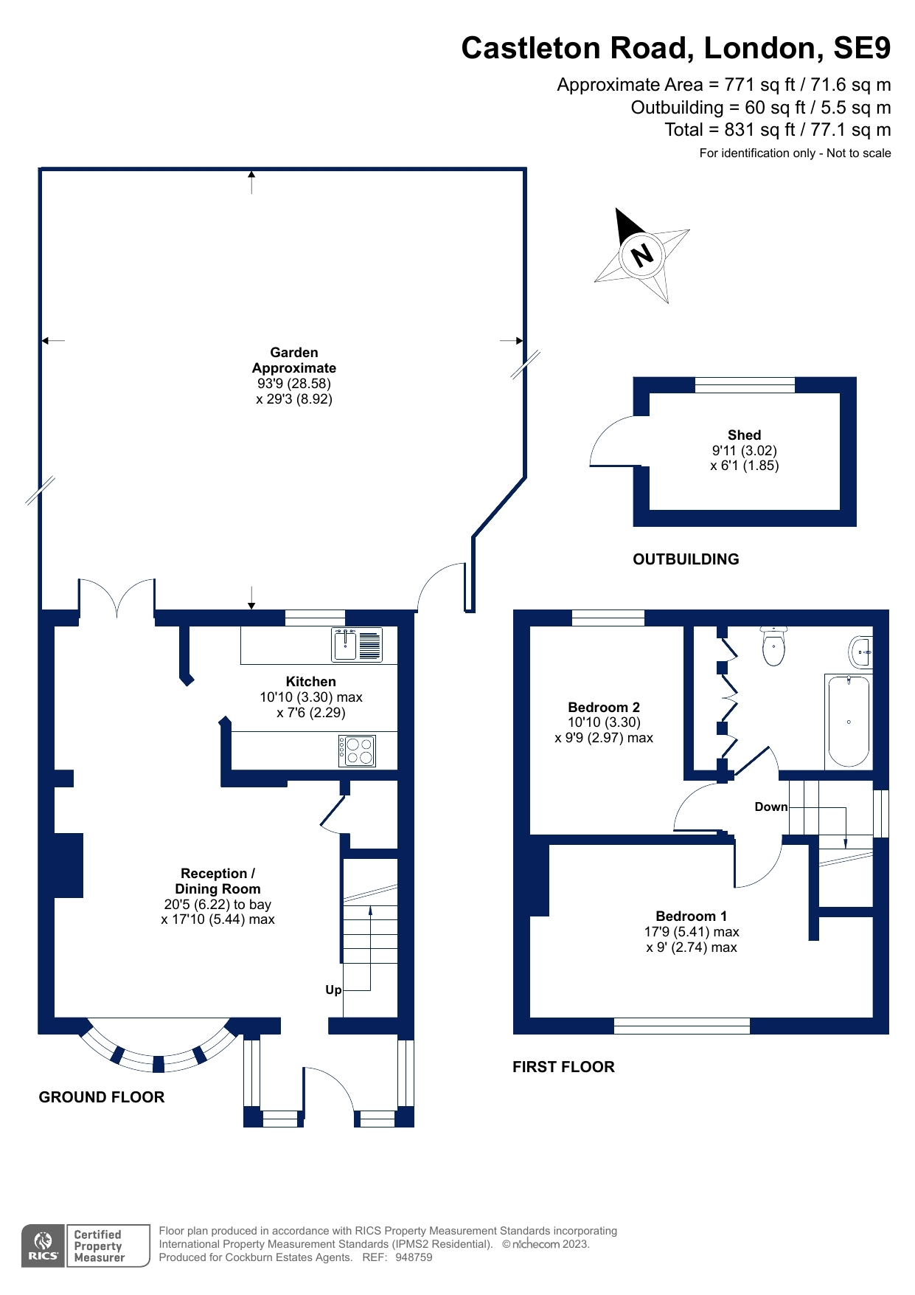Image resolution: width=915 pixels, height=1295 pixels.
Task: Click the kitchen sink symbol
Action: tap(357, 644)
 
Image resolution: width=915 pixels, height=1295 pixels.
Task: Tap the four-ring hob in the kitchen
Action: tap(358, 751)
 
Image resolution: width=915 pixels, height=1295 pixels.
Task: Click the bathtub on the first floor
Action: tap(849, 722)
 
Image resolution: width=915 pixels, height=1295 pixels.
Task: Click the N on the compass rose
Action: tap(643, 255)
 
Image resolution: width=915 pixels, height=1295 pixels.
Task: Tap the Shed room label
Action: tap(744, 435)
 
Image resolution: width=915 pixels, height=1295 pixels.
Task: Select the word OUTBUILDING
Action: tap(686, 559)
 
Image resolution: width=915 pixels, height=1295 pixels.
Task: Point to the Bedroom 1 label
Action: tap(691, 916)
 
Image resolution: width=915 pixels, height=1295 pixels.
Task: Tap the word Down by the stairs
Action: tap(770, 807)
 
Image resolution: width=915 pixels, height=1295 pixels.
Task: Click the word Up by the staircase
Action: tap(333, 990)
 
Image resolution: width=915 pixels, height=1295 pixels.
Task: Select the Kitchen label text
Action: tap(310, 682)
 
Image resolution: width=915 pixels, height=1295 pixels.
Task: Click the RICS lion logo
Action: tap(44, 1246)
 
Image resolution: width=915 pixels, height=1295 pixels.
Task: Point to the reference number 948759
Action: tap(414, 1257)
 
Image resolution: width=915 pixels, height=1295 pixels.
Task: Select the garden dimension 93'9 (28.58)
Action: tap(293, 384)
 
